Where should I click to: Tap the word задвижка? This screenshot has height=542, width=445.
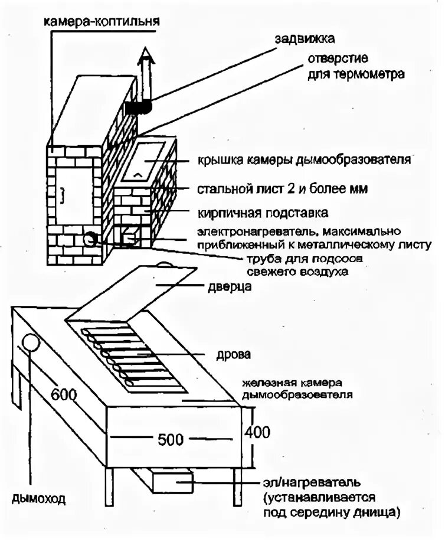click(305, 39)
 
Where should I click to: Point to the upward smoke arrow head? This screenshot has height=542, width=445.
click(146, 57)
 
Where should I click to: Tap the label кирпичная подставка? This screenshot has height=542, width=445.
click(271, 211)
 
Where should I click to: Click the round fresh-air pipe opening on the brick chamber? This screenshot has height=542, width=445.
click(90, 240)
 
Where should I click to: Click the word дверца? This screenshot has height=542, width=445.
click(230, 288)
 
